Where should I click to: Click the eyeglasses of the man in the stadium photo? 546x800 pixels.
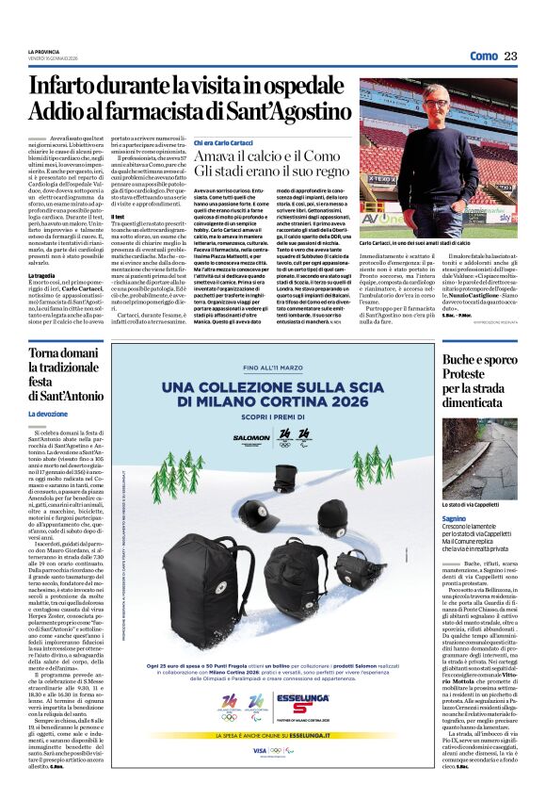435,103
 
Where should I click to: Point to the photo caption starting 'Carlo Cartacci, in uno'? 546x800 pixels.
405,243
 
